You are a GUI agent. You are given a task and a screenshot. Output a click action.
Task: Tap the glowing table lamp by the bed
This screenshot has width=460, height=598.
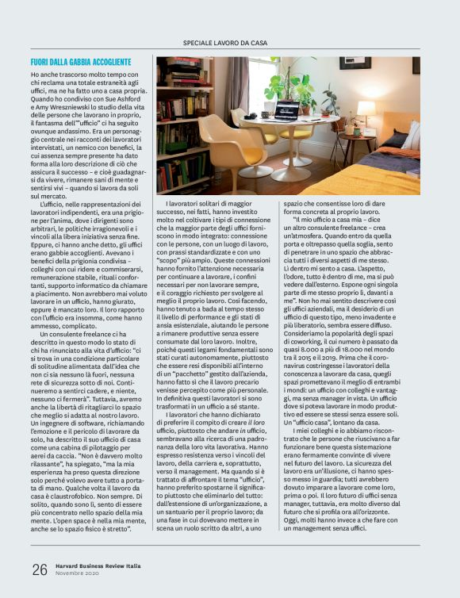click(366, 109)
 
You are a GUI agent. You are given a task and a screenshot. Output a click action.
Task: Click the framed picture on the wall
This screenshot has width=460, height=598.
click(355, 63)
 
